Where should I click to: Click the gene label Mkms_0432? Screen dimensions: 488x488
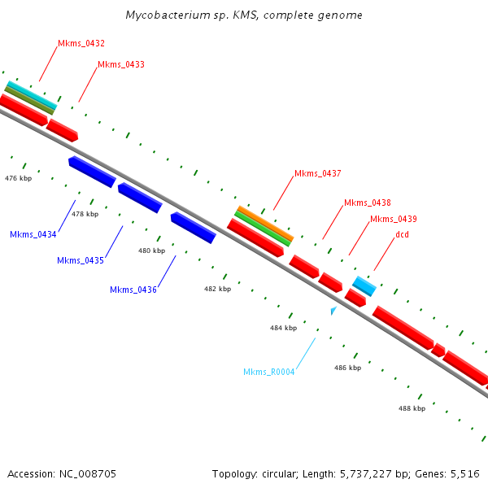tap(81, 43)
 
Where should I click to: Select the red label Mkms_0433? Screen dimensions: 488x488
tap(120, 64)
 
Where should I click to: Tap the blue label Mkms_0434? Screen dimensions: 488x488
tap(33, 234)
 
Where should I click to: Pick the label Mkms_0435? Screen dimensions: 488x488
tap(81, 260)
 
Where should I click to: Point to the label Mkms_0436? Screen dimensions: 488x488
tap(133, 290)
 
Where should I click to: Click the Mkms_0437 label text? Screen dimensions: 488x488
tap(317, 173)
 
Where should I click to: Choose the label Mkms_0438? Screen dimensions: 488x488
tap(367, 203)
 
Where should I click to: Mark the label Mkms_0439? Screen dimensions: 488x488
tap(393, 219)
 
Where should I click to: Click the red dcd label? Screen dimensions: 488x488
tap(402, 235)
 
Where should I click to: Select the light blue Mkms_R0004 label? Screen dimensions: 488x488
tap(268, 372)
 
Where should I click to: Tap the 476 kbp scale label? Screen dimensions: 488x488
tap(18, 177)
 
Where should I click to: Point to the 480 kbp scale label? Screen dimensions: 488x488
tap(151, 251)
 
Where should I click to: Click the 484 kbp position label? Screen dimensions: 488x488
tap(283, 327)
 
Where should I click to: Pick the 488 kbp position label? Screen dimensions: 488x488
tap(412, 408)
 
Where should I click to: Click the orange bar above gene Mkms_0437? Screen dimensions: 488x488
tap(264, 221)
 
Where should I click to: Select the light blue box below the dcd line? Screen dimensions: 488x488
tap(364, 285)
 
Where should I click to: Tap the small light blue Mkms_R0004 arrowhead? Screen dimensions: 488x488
tap(333, 310)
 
